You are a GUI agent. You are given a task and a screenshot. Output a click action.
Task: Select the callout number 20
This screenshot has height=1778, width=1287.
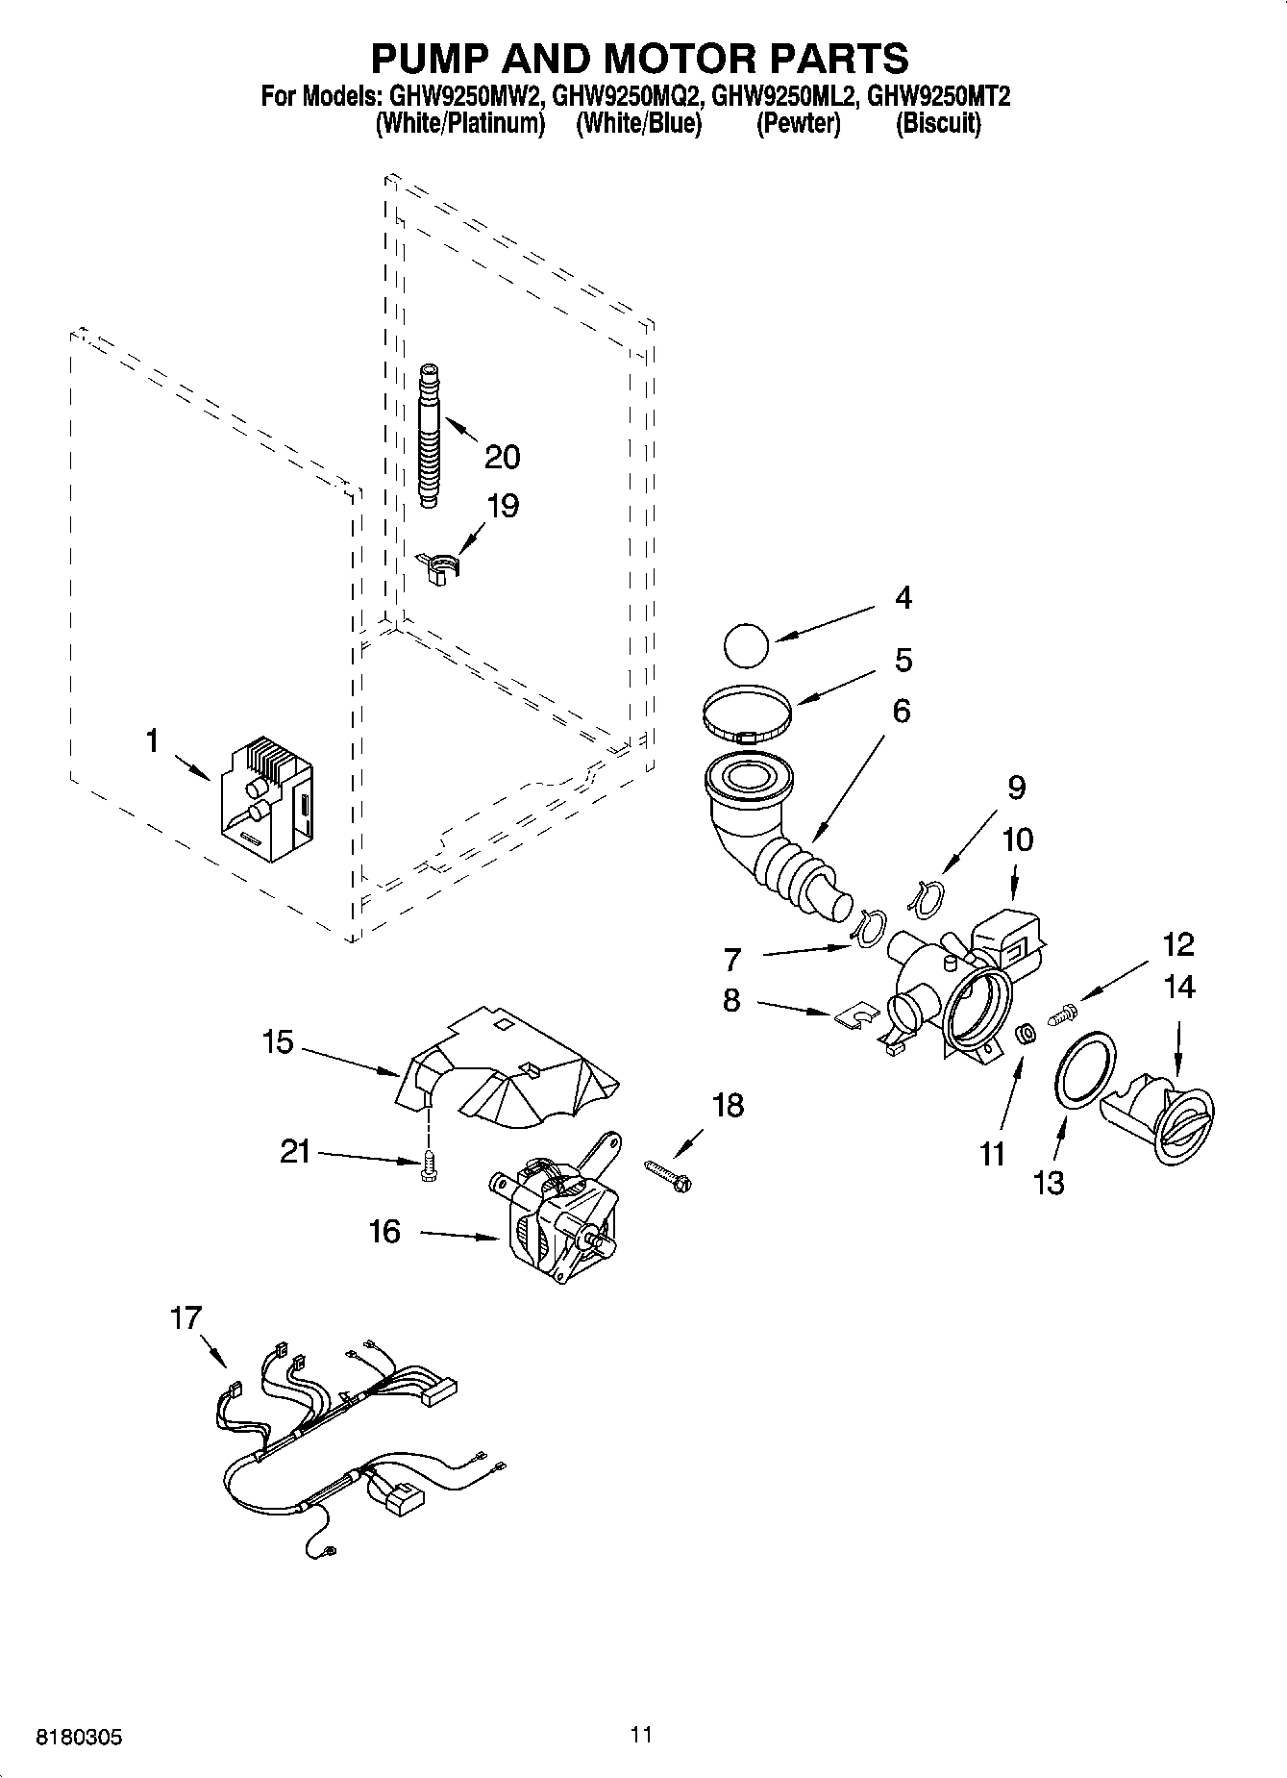pos(502,456)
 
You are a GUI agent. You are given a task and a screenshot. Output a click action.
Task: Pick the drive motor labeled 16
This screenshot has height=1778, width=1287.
pos(558,1213)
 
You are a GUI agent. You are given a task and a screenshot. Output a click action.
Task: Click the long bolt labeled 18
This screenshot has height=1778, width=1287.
pos(668,1176)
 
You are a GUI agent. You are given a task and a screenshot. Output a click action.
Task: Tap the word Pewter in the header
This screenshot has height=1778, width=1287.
pos(799,124)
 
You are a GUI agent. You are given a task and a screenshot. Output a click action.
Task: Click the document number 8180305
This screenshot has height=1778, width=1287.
pos(80,1738)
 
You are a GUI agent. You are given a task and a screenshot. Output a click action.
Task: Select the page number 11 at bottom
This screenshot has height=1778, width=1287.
pos(642,1734)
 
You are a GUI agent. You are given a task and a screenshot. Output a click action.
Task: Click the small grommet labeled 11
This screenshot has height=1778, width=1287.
pos(1026,1035)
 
